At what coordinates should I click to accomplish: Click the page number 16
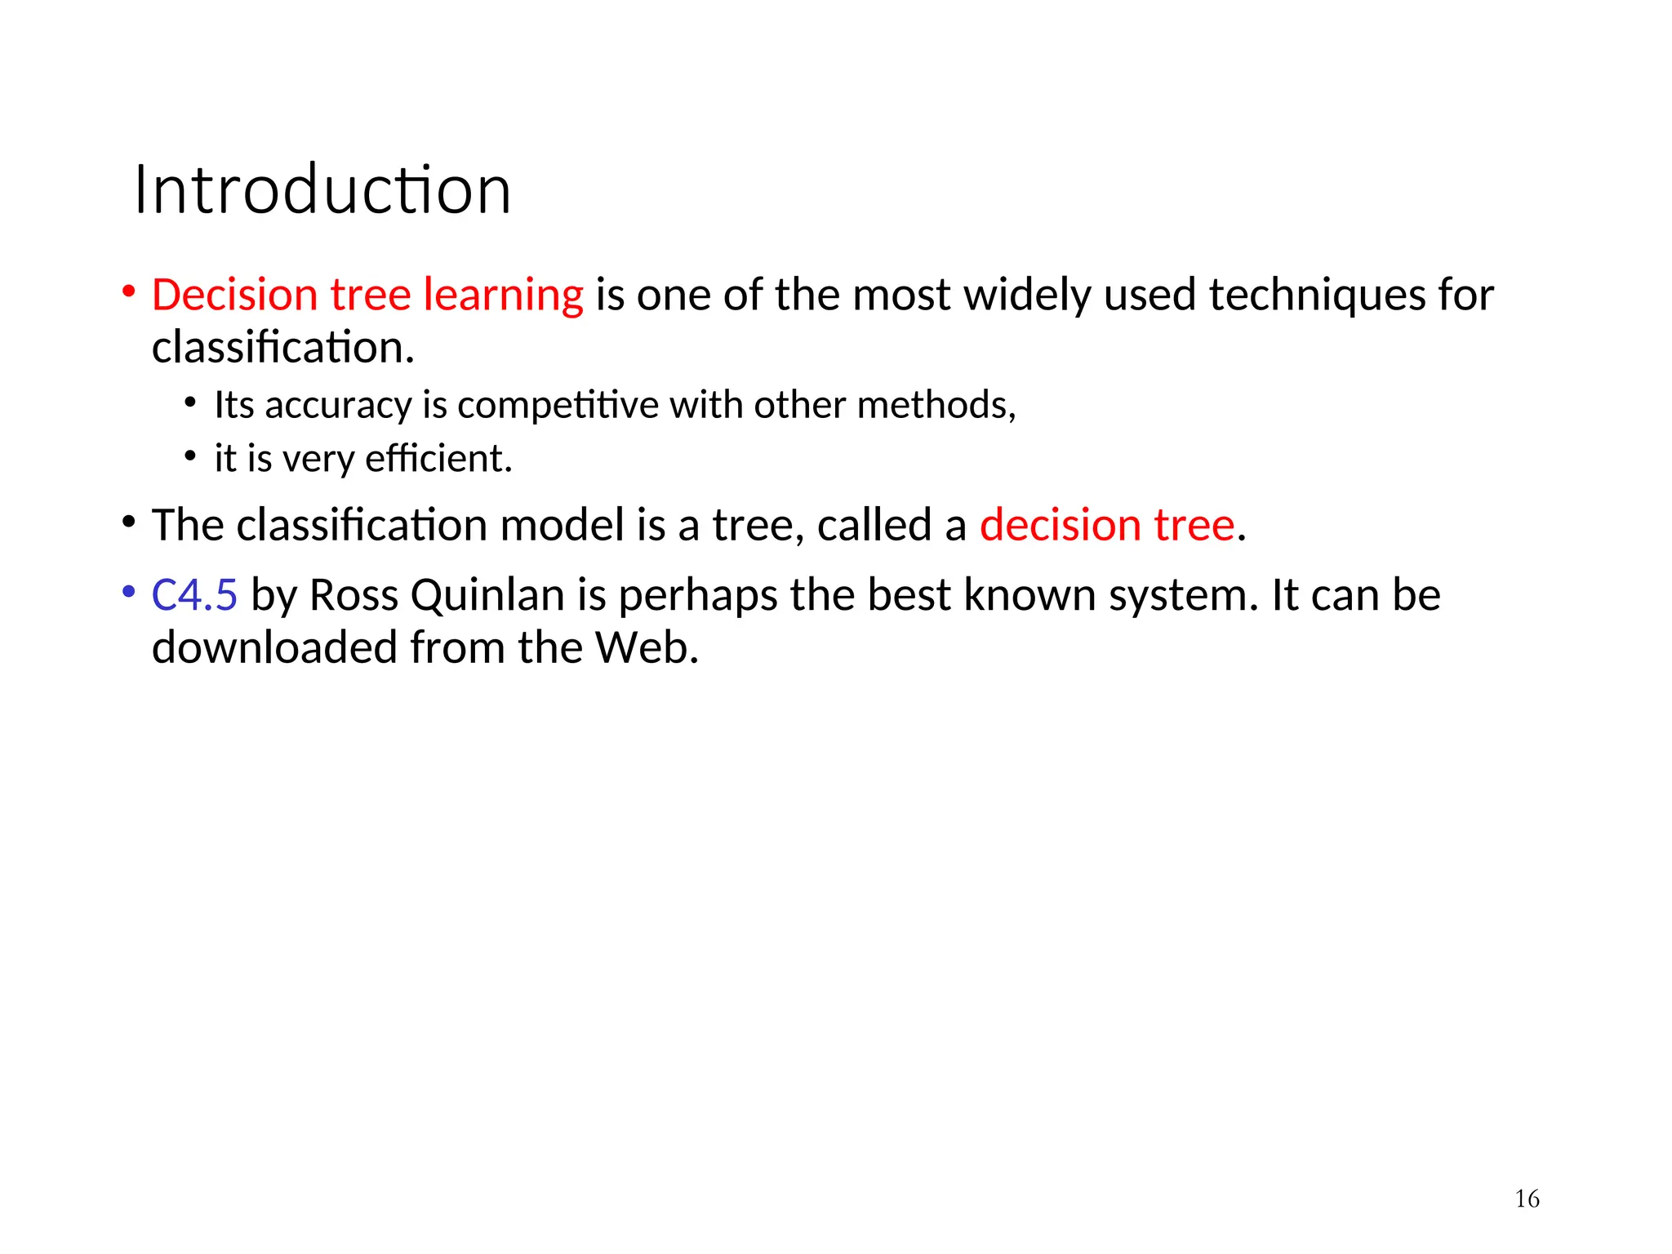pyautogui.click(x=1527, y=1198)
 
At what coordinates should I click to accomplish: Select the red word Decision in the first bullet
pyautogui.click(x=234, y=295)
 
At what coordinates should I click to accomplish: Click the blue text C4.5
pyautogui.click(x=194, y=594)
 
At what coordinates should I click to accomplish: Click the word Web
pyautogui.click(x=647, y=647)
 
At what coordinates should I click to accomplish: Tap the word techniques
pyautogui.click(x=1317, y=296)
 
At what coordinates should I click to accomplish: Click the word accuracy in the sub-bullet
pyautogui.click(x=338, y=406)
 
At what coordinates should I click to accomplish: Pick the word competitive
pyautogui.click(x=558, y=406)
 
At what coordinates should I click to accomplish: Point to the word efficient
pyautogui.click(x=438, y=458)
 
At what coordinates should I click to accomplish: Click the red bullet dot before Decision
pyautogui.click(x=128, y=291)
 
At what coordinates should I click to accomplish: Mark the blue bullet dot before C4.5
pyautogui.click(x=128, y=592)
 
